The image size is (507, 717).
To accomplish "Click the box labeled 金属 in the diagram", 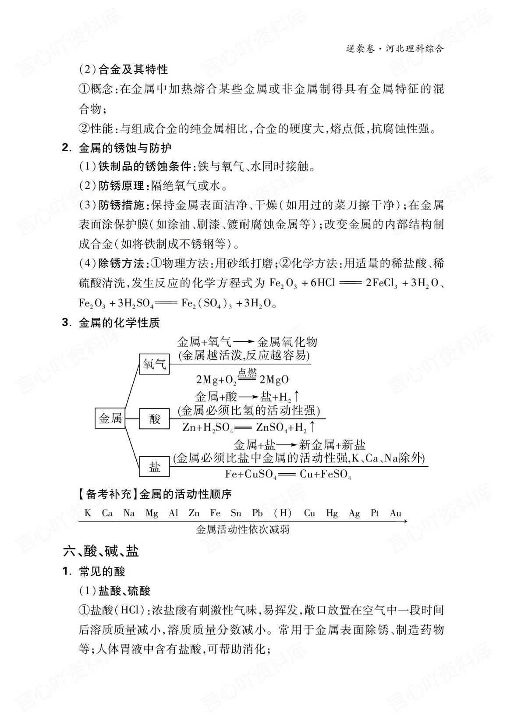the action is tap(110, 418).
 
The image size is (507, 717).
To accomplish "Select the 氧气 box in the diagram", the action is tap(154, 363).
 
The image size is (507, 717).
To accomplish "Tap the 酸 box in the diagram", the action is tap(154, 419).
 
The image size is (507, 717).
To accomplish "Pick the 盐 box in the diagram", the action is tap(154, 466).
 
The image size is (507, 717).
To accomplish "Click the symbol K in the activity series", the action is tap(88, 513).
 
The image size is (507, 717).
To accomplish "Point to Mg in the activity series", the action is tap(152, 513).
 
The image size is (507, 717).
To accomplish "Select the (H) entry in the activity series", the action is tap(283, 513).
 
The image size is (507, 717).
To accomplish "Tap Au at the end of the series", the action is tap(395, 513).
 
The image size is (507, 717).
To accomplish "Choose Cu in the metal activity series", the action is tap(309, 513).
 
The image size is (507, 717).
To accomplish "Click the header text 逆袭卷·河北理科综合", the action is tap(394, 48).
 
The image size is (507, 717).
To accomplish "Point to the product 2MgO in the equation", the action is tap(274, 380).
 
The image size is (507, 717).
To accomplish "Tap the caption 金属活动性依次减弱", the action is tap(243, 529).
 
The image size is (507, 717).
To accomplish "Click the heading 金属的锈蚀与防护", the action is tap(125, 148).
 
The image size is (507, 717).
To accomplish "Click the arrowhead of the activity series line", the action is tap(405, 521).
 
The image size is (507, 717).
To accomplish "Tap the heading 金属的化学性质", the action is tap(119, 323).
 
